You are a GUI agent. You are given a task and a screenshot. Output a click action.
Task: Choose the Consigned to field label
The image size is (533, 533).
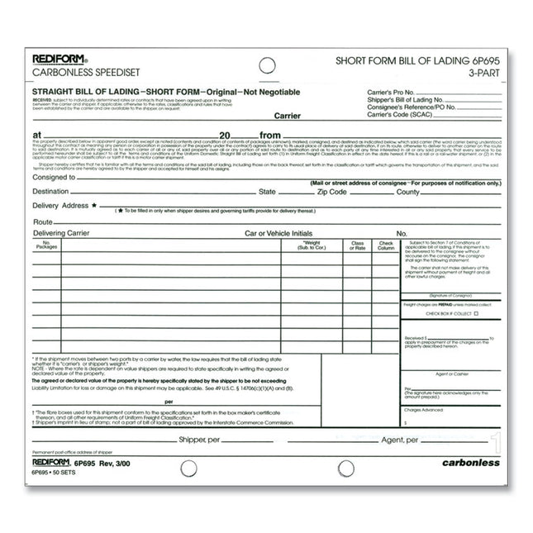(55, 177)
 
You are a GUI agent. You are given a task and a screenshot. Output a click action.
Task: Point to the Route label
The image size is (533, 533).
(43, 222)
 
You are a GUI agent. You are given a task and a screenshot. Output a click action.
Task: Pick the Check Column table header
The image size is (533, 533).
(386, 245)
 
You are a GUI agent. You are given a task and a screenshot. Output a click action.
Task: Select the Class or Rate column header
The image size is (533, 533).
(357, 245)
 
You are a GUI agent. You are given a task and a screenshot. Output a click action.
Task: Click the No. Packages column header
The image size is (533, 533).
(46, 245)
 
